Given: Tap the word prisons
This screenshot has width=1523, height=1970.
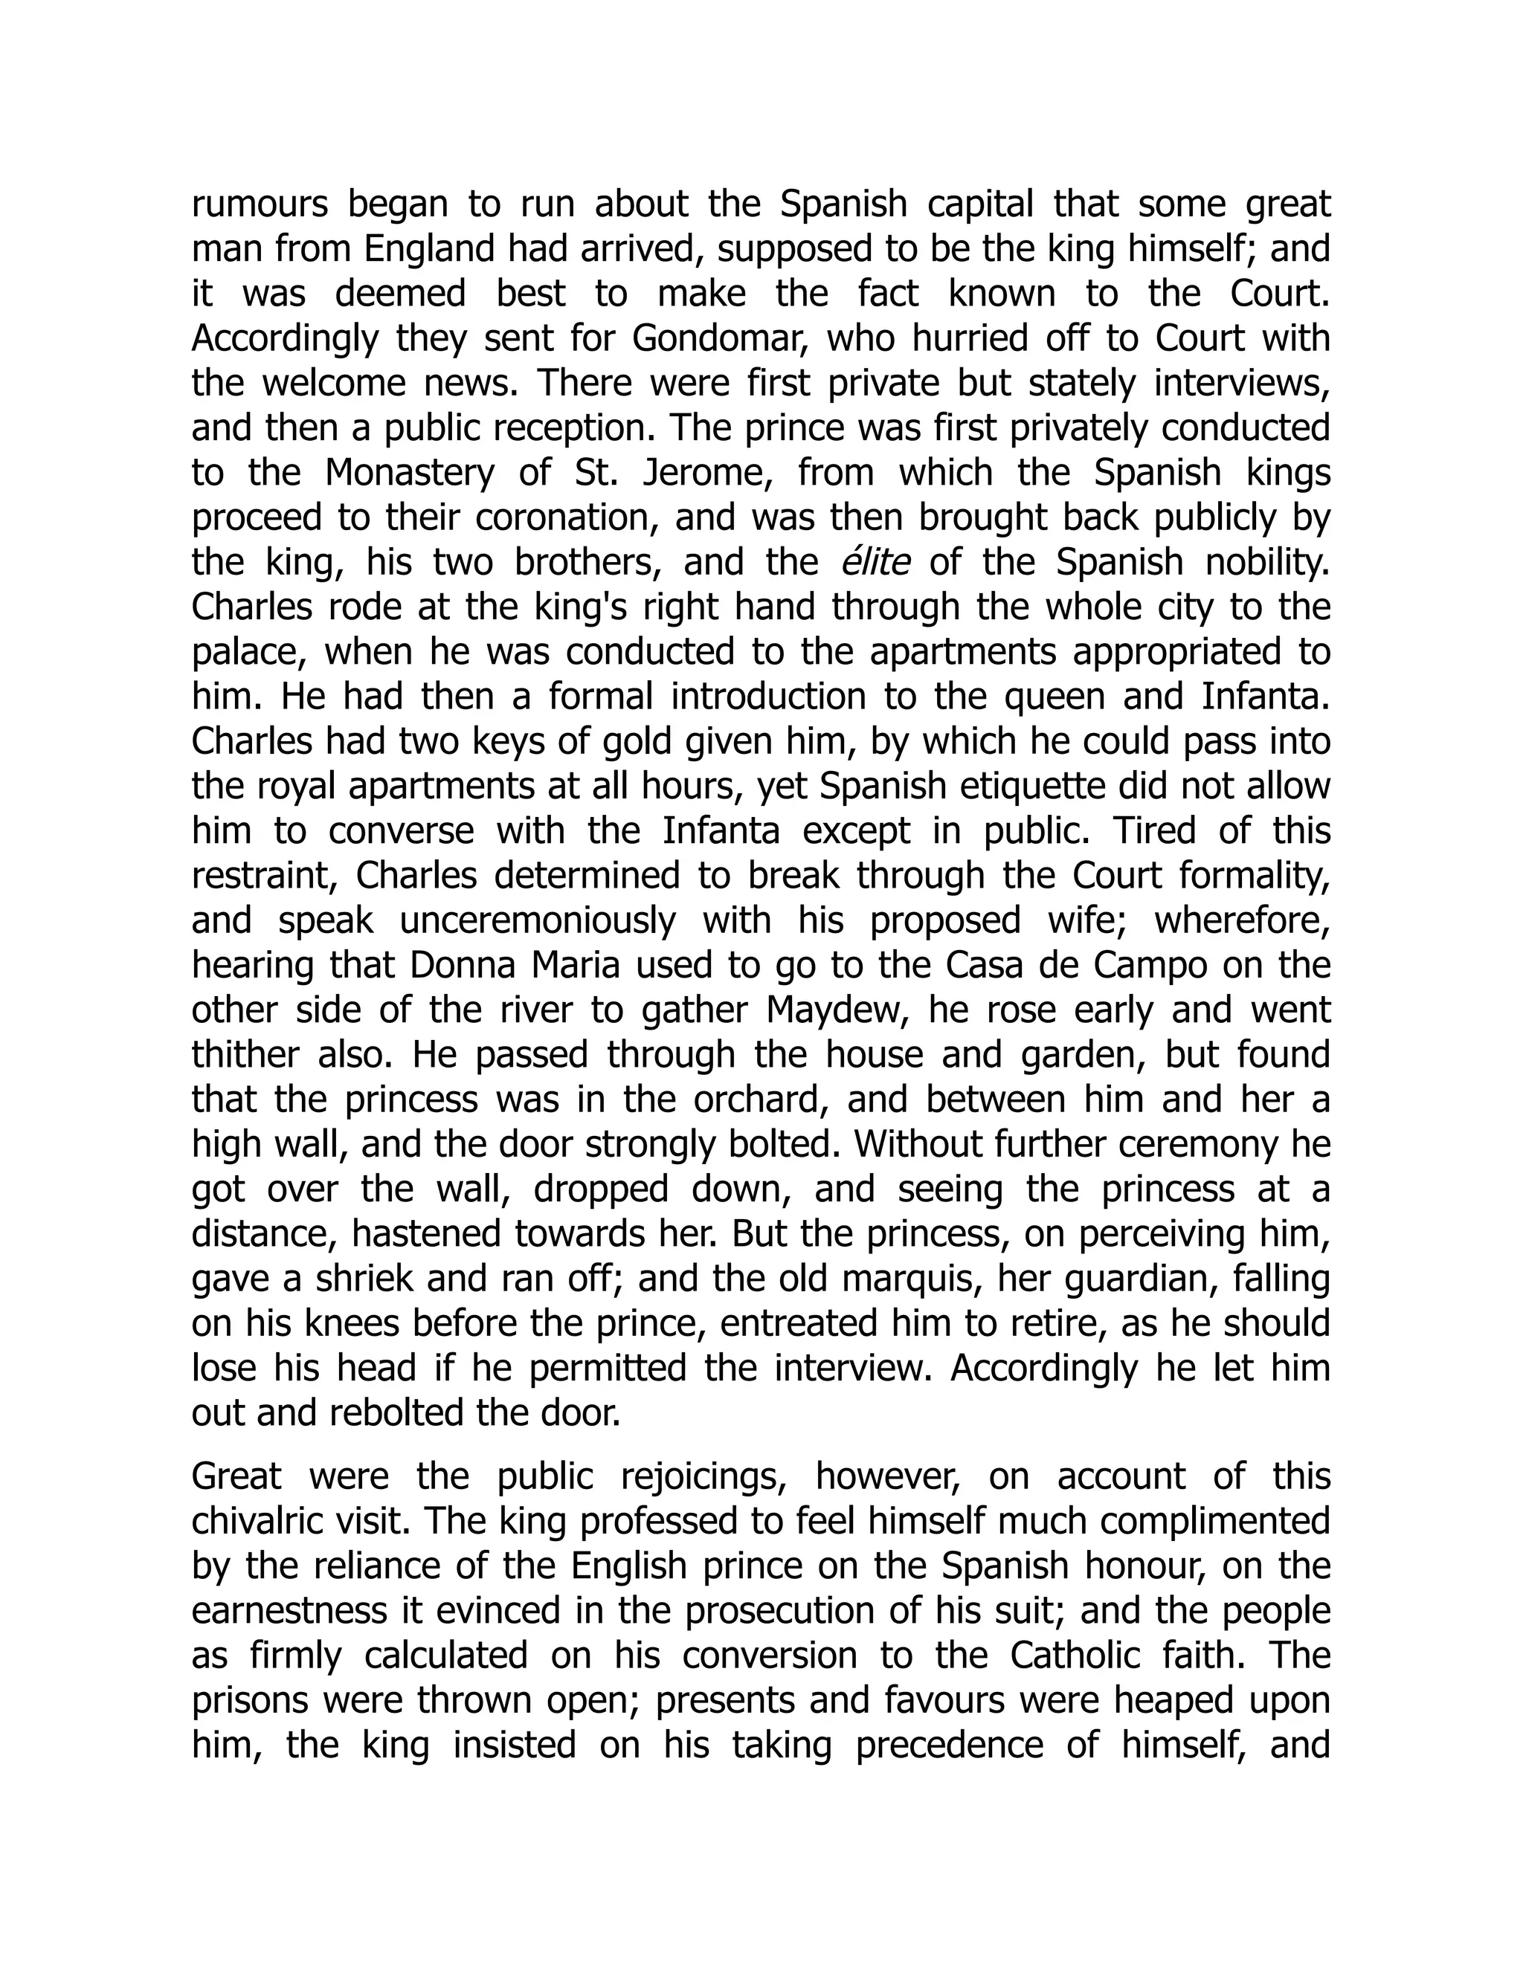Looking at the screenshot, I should tap(250, 1701).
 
